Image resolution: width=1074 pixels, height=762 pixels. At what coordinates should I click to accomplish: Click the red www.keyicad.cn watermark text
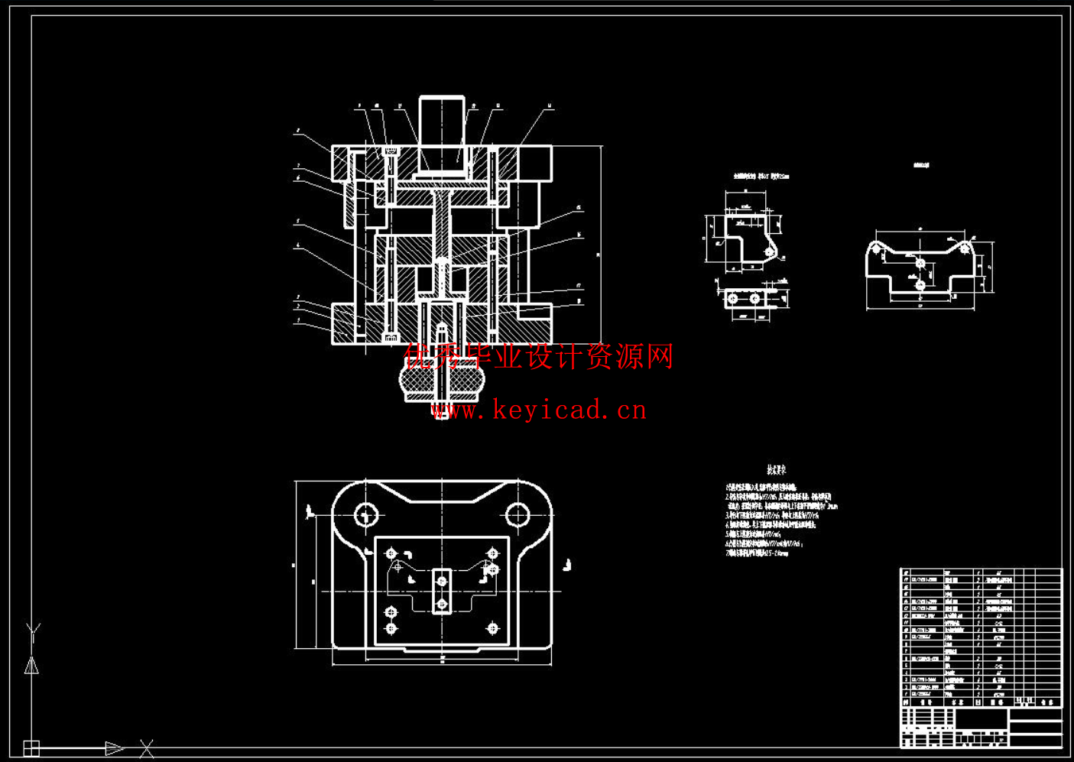(539, 410)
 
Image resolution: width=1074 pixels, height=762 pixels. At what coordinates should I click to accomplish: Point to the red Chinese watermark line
(539, 356)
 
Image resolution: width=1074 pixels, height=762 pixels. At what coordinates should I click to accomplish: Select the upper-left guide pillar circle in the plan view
(366, 514)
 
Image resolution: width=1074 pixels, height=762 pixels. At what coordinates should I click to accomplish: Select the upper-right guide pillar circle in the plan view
(518, 514)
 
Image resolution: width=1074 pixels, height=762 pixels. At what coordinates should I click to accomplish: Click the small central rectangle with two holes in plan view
(442, 592)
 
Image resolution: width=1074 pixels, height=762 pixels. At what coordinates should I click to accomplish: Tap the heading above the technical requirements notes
(777, 470)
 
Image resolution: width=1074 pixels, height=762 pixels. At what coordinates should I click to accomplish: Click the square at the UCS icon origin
(31, 747)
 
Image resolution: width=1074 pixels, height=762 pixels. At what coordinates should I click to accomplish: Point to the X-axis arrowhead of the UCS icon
(115, 747)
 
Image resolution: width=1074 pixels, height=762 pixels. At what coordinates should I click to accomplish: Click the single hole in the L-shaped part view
(769, 252)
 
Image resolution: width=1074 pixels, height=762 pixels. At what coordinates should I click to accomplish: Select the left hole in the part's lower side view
(733, 298)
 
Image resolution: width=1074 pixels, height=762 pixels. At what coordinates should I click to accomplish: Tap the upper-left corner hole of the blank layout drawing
(876, 248)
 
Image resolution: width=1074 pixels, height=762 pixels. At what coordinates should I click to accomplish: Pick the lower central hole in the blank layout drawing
(920, 285)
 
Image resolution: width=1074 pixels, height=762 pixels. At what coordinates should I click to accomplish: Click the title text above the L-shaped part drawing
(761, 177)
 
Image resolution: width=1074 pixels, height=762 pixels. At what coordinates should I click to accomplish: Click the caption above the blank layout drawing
(921, 165)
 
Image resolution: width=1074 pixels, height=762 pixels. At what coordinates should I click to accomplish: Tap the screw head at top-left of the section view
(391, 151)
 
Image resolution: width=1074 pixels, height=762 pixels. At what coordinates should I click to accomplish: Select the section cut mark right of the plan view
(567, 566)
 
